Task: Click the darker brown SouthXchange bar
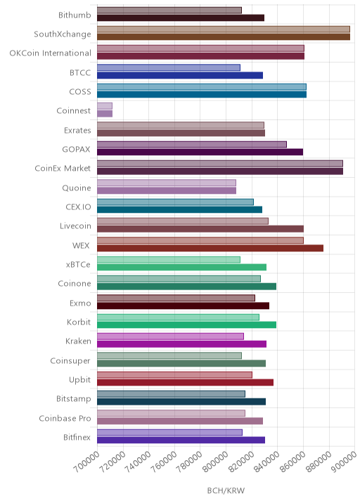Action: point(224,37)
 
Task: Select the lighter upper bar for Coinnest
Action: point(105,106)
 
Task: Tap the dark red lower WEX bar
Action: point(210,248)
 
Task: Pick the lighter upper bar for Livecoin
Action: point(183,221)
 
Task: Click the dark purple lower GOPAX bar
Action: point(200,152)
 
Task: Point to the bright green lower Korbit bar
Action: point(186,325)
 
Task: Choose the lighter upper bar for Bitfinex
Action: point(170,433)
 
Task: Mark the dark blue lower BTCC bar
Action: point(180,75)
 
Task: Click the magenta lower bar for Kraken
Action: point(182,344)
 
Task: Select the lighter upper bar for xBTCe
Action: point(169,259)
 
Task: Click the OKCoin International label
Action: point(51,53)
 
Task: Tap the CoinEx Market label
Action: point(63,168)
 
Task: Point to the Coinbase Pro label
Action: point(65,418)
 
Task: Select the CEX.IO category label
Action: point(78,207)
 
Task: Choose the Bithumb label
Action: point(75,15)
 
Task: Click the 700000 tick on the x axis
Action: point(86,462)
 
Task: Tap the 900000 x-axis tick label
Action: point(344,462)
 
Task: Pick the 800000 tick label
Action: point(215,462)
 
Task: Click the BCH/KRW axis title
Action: point(226,490)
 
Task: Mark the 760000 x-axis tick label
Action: point(163,462)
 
